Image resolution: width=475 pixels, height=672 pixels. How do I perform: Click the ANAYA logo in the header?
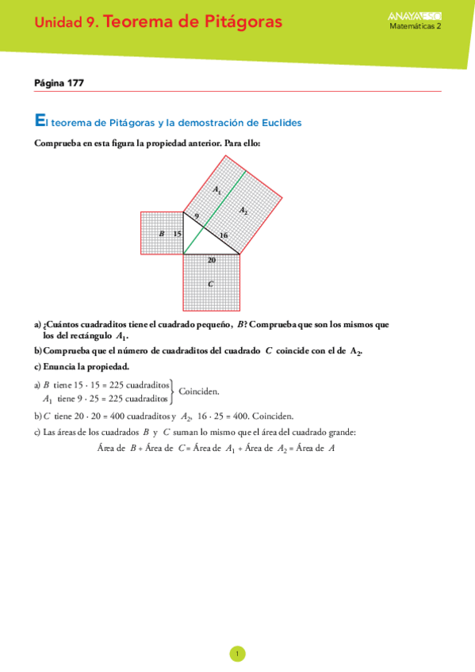point(416,16)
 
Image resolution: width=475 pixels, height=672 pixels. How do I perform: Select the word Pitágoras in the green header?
point(243,22)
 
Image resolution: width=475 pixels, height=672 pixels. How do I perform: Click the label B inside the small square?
point(161,234)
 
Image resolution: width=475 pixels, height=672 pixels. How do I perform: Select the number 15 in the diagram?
point(177,234)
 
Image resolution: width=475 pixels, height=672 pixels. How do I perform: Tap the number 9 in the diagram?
point(196,216)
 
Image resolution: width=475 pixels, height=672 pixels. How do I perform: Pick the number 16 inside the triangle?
point(223,235)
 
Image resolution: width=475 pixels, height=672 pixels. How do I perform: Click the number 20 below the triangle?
point(211,260)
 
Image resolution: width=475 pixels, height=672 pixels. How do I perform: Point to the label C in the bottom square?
point(210,283)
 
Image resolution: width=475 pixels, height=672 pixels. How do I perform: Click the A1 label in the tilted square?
point(217,189)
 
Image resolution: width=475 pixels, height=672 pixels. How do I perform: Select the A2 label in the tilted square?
point(244,210)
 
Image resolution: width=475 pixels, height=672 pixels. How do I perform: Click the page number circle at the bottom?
point(237,654)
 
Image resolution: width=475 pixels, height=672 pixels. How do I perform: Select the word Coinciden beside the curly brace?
point(199,391)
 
